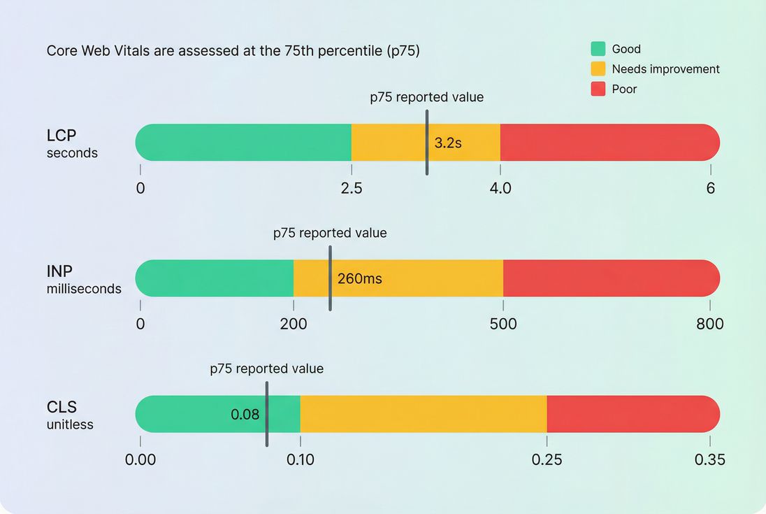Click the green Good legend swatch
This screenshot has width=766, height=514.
[598, 49]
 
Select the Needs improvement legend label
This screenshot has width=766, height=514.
[665, 69]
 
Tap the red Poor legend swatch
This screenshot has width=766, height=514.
[598, 89]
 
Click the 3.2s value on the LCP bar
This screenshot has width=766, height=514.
[448, 143]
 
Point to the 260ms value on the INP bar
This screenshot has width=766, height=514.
[359, 279]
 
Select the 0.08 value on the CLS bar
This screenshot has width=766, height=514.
[245, 415]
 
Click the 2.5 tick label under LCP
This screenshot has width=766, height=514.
[351, 188]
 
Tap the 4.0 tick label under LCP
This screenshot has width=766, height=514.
[500, 188]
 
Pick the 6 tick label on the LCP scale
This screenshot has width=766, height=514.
[710, 188]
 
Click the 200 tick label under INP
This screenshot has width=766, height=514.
[294, 324]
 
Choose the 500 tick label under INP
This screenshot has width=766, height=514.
[503, 324]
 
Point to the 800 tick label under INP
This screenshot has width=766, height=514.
[710, 324]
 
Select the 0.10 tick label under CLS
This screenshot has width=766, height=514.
[301, 459]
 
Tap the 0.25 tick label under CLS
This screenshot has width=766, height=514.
[547, 459]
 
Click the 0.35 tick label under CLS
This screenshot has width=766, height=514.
[710, 459]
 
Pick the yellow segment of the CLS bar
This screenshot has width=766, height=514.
[424, 414]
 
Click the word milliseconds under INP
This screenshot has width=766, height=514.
[84, 289]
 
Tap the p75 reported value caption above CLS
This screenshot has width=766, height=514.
[267, 369]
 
